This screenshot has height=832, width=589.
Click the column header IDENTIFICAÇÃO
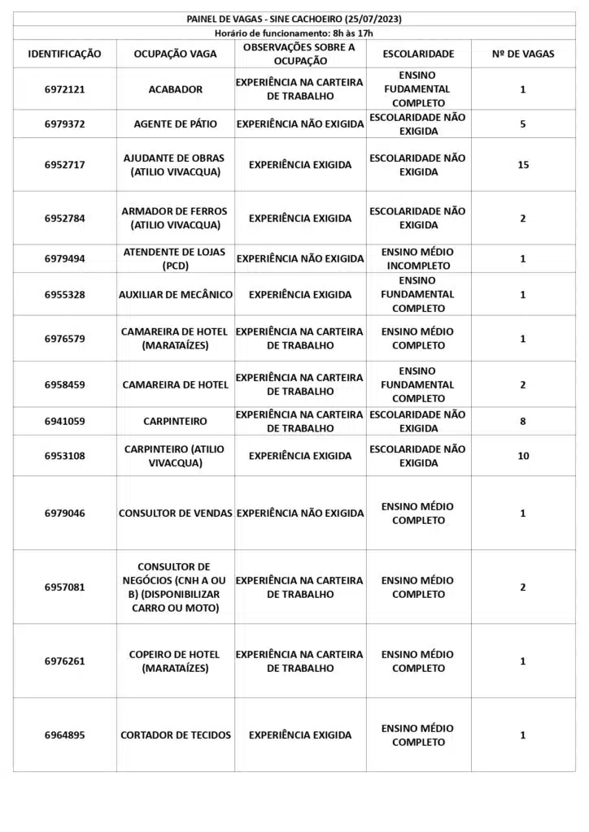pyautogui.click(x=65, y=54)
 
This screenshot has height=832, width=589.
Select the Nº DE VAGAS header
pyautogui.click(x=523, y=54)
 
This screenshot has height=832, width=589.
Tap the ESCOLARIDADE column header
pyautogui.click(x=418, y=54)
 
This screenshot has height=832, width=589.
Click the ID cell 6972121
pyautogui.click(x=65, y=89)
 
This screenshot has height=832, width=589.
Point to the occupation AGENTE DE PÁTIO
pyautogui.click(x=176, y=124)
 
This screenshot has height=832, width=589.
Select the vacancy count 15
pyautogui.click(x=523, y=165)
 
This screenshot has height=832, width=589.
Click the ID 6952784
pyautogui.click(x=65, y=219)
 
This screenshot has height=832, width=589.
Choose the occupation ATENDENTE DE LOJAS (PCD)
pyautogui.click(x=176, y=259)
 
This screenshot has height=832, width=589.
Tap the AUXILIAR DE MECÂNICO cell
pyautogui.click(x=176, y=295)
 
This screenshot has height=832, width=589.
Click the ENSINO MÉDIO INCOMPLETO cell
pyautogui.click(x=418, y=259)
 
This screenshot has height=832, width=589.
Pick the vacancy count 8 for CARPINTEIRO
pyautogui.click(x=523, y=422)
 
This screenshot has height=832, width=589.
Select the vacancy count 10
pyautogui.click(x=523, y=456)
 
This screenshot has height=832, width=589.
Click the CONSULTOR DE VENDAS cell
pyautogui.click(x=176, y=513)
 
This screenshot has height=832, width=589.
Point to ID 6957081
pyautogui.click(x=65, y=587)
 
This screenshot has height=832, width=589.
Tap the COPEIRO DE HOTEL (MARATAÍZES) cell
pyautogui.click(x=176, y=661)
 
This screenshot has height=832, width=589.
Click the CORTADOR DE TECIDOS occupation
pyautogui.click(x=176, y=735)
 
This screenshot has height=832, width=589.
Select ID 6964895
pyautogui.click(x=65, y=735)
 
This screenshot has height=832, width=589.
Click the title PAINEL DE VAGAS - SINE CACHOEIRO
pyautogui.click(x=294, y=19)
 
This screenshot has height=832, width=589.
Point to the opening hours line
pyautogui.click(x=294, y=33)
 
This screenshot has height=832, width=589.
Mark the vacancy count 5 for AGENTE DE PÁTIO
pyautogui.click(x=523, y=124)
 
